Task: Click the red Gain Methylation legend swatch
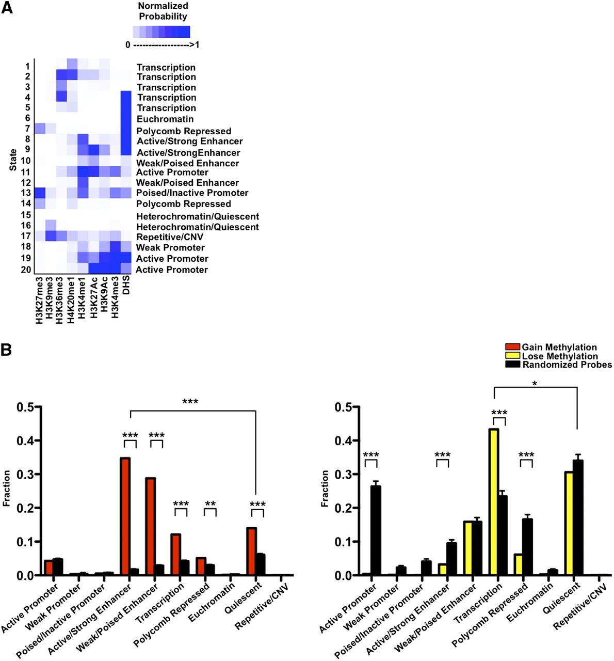click(512, 347)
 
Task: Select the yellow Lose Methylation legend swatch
click(512, 356)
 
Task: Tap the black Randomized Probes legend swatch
click(512, 365)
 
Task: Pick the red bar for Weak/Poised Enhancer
click(151, 527)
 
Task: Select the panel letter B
click(7, 350)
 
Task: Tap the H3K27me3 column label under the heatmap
click(40, 300)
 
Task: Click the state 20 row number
click(26, 269)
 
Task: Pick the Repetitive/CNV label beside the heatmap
click(170, 237)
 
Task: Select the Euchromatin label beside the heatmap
click(165, 119)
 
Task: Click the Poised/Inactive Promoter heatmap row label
click(192, 193)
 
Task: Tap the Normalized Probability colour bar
click(161, 32)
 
